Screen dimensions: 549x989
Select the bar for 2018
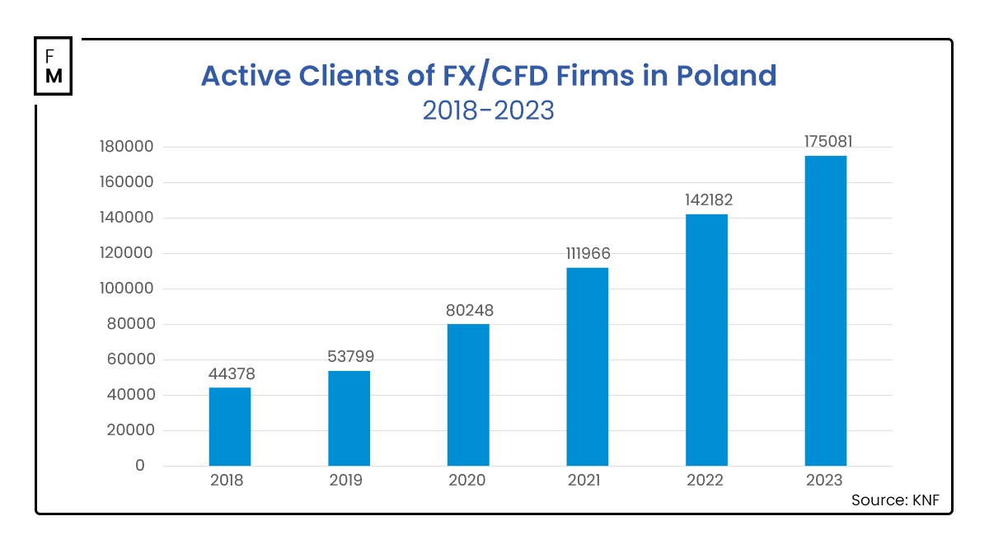pos(230,427)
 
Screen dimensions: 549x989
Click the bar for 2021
pos(588,367)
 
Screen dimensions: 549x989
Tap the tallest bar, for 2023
pos(826,311)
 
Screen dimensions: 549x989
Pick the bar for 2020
pos(468,395)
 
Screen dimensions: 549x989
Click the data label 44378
pos(230,374)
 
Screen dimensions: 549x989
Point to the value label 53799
pos(349,358)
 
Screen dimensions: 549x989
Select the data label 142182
pos(706,200)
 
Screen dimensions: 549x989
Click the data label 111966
pos(588,254)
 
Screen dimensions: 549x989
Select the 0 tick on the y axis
pos(139,466)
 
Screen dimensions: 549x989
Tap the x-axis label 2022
pos(706,481)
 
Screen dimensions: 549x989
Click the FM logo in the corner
pos(54,65)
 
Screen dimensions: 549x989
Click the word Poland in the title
pos(726,76)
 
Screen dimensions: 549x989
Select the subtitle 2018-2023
pos(488,110)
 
